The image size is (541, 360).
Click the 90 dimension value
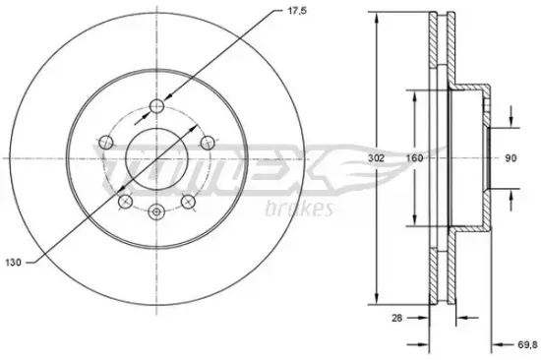point(511,157)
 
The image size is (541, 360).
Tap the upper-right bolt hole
point(208,143)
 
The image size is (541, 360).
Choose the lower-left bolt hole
point(125,202)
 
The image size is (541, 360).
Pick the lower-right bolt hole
point(190,202)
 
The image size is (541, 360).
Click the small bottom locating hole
point(157,211)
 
